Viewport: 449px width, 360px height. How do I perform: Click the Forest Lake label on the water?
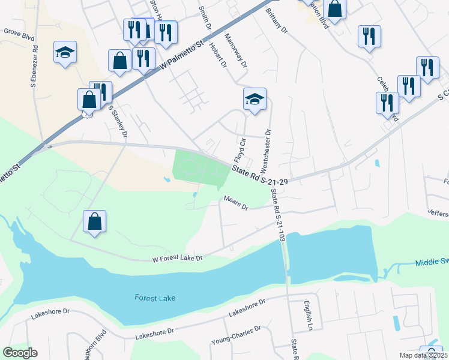tap(155, 298)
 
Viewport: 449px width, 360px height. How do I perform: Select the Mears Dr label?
tap(236, 203)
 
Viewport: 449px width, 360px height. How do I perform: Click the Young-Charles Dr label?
tap(236, 335)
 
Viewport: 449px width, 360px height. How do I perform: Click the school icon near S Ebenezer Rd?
tap(65, 52)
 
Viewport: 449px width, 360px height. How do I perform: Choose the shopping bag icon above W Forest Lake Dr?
tap(95, 221)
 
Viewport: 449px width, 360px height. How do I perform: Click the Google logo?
tap(20, 353)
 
